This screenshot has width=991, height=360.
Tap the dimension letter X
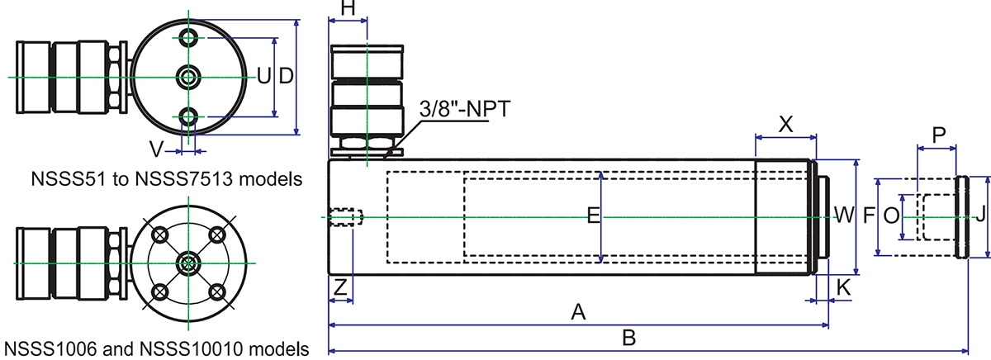coord(786,124)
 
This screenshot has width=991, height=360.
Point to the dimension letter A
coord(579,312)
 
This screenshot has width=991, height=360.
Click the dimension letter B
coord(628,339)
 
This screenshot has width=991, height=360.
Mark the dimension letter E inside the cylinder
coord(592,216)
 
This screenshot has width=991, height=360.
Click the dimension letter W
coord(843,216)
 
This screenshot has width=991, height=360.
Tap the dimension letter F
coord(869,216)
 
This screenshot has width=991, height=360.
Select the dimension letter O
coord(890,216)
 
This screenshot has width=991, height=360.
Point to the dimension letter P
coord(937,134)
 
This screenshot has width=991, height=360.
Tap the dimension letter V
coord(155,149)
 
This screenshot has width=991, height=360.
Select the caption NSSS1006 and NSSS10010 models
coord(156,348)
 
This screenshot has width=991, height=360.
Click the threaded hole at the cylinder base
coord(347,217)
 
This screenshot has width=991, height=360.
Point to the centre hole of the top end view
coord(189,77)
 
